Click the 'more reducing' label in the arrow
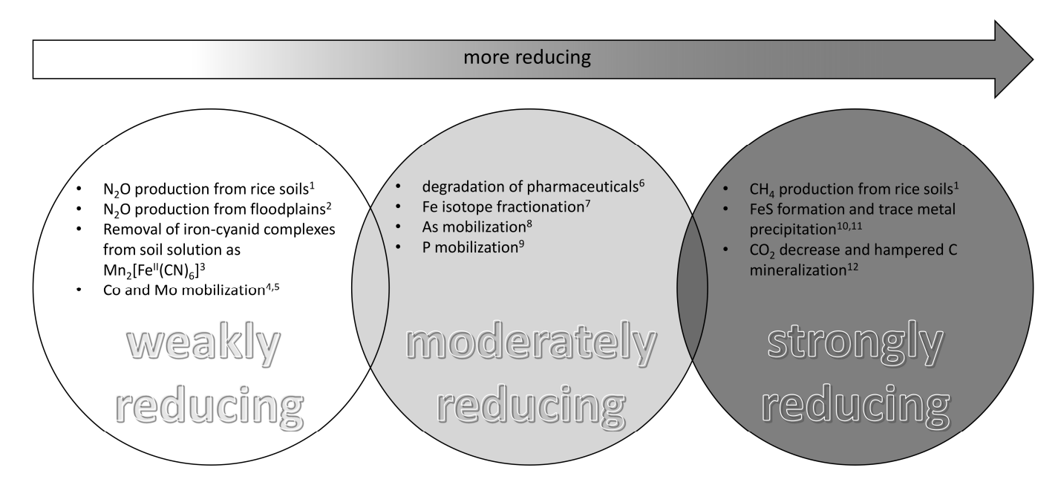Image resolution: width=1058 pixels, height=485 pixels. tap(526, 57)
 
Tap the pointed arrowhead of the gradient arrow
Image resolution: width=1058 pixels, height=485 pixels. tap(1033, 59)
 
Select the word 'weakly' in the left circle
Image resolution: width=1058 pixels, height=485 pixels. tap(203, 342)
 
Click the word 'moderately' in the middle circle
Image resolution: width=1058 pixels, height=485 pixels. tap(531, 342)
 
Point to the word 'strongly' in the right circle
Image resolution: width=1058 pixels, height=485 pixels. tap(855, 342)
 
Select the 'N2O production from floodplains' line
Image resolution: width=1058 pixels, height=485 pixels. tap(215, 209)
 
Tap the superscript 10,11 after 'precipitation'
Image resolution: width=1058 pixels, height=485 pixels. tap(849, 226)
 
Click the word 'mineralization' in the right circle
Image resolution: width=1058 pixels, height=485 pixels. tap(797, 270)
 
